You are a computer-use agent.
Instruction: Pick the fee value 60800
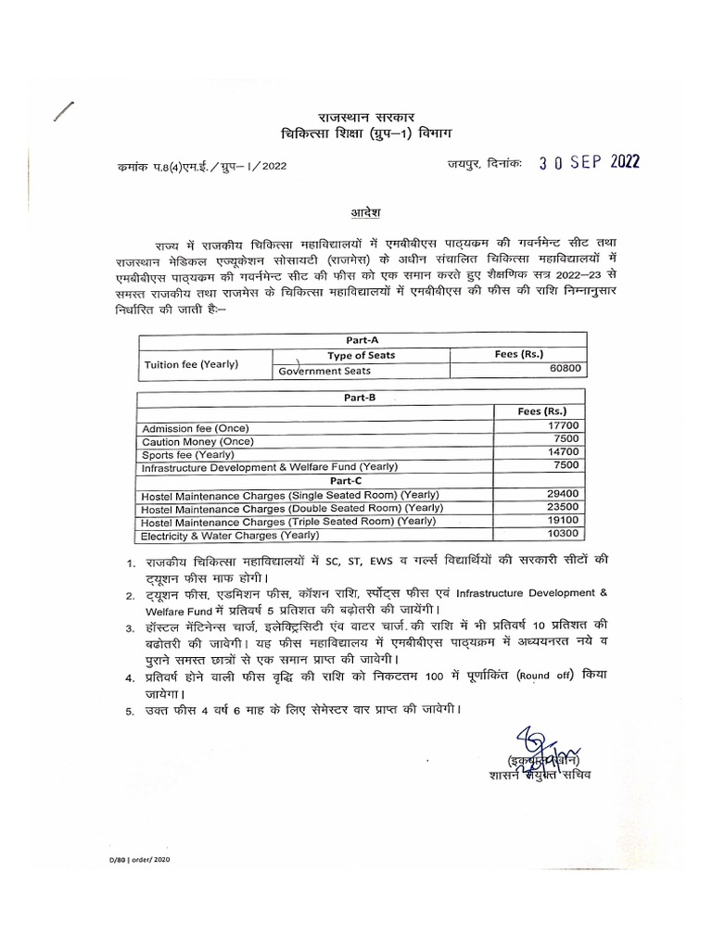pos(568,369)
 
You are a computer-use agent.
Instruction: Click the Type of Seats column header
pos(361,355)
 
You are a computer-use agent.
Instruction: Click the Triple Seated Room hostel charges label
pos(287,522)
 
